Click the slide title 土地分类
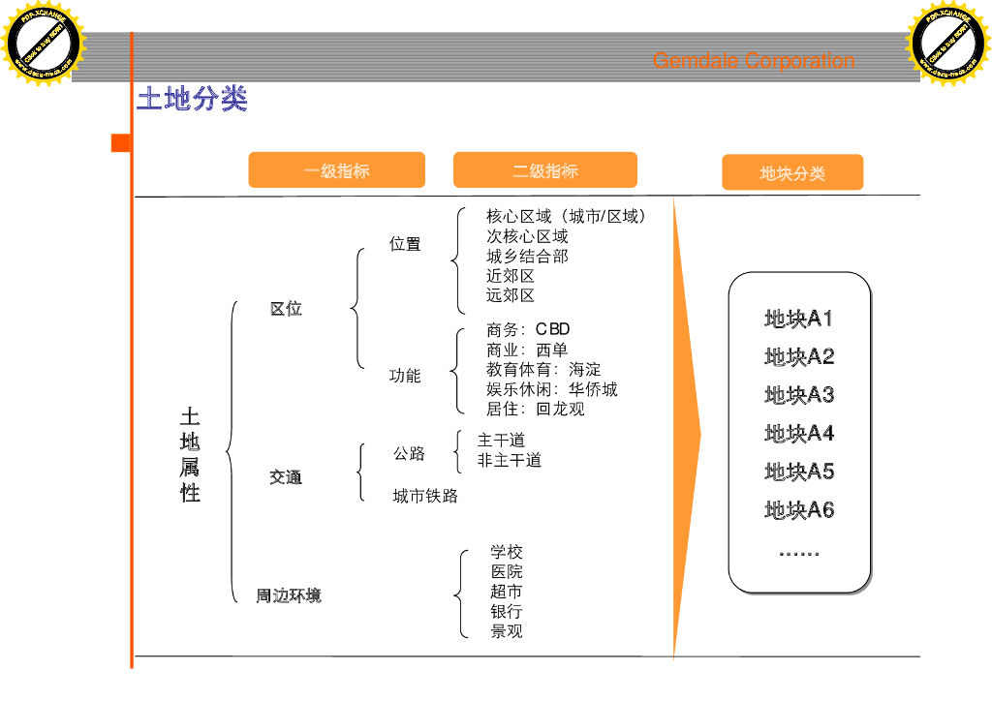192,99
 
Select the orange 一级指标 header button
336,170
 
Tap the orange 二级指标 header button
544,170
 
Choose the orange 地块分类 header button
792,173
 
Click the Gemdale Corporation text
753,61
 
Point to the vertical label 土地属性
190,455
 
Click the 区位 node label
286,309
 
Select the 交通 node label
286,477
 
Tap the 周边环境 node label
289,595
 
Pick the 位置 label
405,244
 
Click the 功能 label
405,376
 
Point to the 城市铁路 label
425,497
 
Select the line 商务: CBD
528,329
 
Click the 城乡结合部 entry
527,257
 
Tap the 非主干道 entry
509,461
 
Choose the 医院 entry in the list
506,572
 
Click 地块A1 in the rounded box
798,319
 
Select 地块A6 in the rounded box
798,510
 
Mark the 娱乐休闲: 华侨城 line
551,389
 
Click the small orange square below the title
121,143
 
